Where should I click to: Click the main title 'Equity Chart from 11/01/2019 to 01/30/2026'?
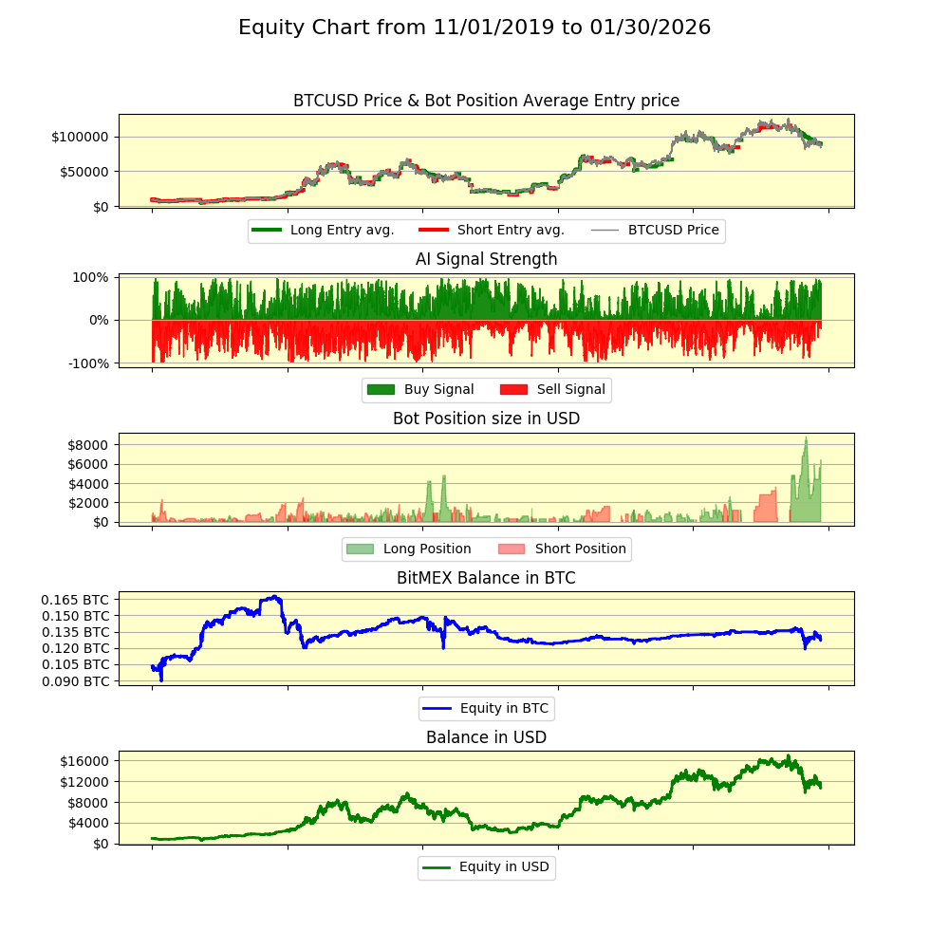[x=474, y=28]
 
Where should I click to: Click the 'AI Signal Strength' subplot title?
[x=486, y=259]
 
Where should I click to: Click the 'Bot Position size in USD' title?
[x=486, y=419]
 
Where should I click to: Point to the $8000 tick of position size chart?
[x=88, y=444]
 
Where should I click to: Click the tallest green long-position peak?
[x=806, y=438]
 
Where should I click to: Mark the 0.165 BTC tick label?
[x=75, y=600]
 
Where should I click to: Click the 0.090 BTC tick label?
[x=75, y=681]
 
